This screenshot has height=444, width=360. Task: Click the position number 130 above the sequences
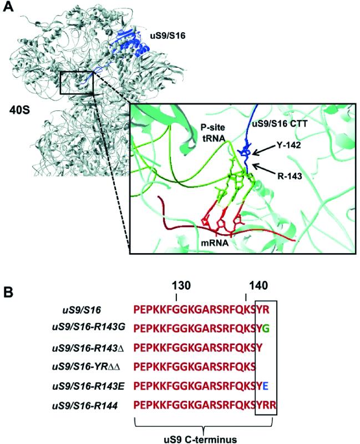pos(181,285)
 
